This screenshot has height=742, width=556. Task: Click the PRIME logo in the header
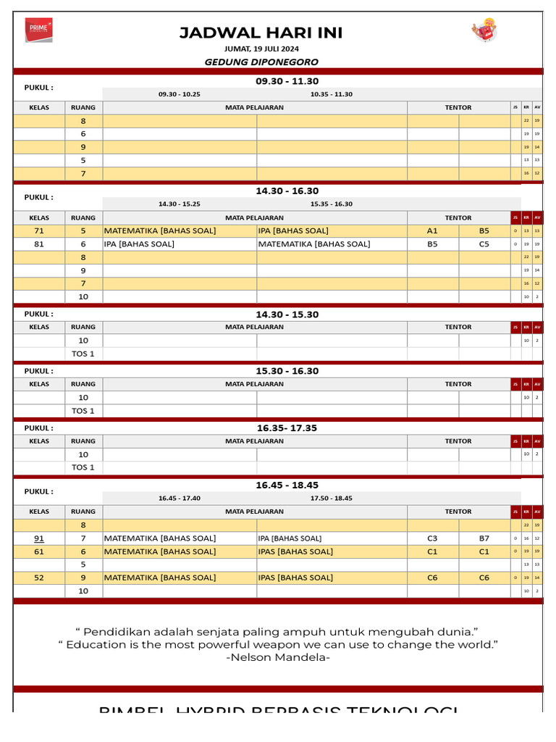38,30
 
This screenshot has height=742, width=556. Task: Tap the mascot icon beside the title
484,30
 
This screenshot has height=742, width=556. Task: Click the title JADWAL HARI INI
261,33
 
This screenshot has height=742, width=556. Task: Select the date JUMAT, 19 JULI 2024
261,49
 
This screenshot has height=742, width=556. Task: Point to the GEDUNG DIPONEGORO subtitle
261,62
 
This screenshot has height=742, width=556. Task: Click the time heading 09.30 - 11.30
287,81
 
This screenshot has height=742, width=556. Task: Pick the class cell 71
39,230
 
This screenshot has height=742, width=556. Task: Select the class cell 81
39,244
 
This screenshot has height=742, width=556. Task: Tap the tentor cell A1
432,230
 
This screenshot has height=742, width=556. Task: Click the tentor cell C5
484,244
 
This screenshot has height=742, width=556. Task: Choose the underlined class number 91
39,538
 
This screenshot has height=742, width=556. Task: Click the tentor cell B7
484,538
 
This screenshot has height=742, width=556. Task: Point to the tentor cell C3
432,538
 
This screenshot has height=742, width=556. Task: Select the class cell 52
39,578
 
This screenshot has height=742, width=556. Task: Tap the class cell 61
39,551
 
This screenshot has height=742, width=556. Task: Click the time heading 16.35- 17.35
287,428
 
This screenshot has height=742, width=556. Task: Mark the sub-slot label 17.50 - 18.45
332,499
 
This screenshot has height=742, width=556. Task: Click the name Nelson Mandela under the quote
279,657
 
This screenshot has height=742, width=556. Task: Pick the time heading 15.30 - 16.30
287,371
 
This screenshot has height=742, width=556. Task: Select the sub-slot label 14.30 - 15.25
180,204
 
